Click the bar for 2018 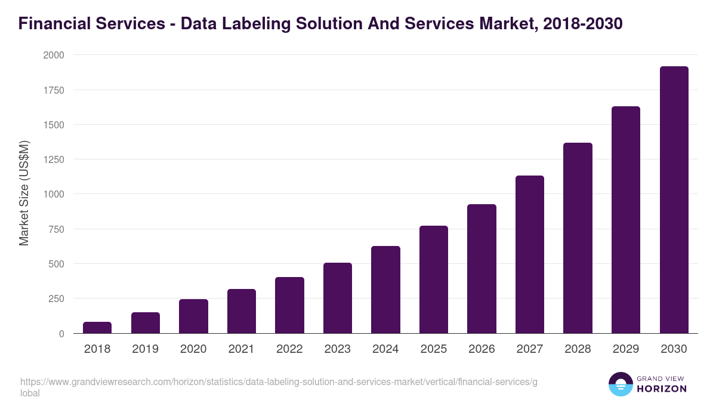coord(97,328)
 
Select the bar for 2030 coord(674,200)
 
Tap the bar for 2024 coord(385,290)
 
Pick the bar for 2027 coord(530,254)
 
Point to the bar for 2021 coord(242,311)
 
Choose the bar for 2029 coord(626,220)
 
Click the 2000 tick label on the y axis coord(53,55)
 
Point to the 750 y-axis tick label coord(56,229)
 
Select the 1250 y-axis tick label coord(53,159)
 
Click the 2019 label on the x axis coord(145,349)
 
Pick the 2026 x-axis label coord(482,349)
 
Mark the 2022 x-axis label coord(289,349)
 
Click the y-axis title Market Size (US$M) coord(24,194)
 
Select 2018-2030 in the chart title coord(583,24)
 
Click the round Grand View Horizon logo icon coord(621,384)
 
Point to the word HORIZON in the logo coord(662,389)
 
